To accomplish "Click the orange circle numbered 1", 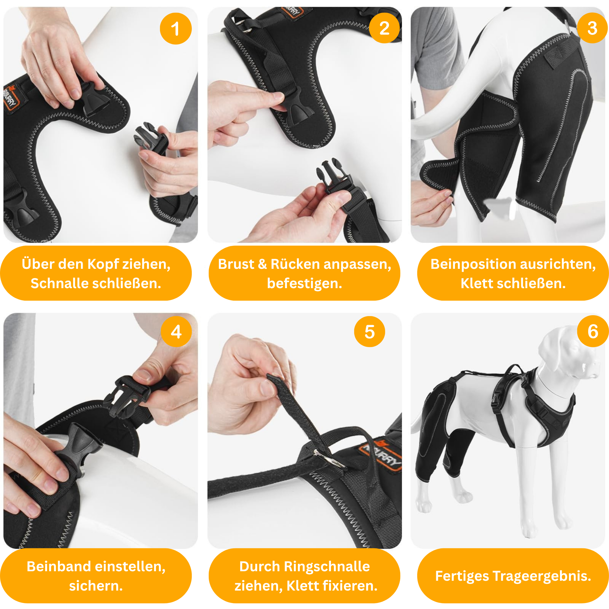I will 175,28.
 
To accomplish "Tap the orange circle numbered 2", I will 384,28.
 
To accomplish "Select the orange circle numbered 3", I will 592,28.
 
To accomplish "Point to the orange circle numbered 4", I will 176,332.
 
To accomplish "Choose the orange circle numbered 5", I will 369,332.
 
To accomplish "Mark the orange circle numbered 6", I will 593,331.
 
